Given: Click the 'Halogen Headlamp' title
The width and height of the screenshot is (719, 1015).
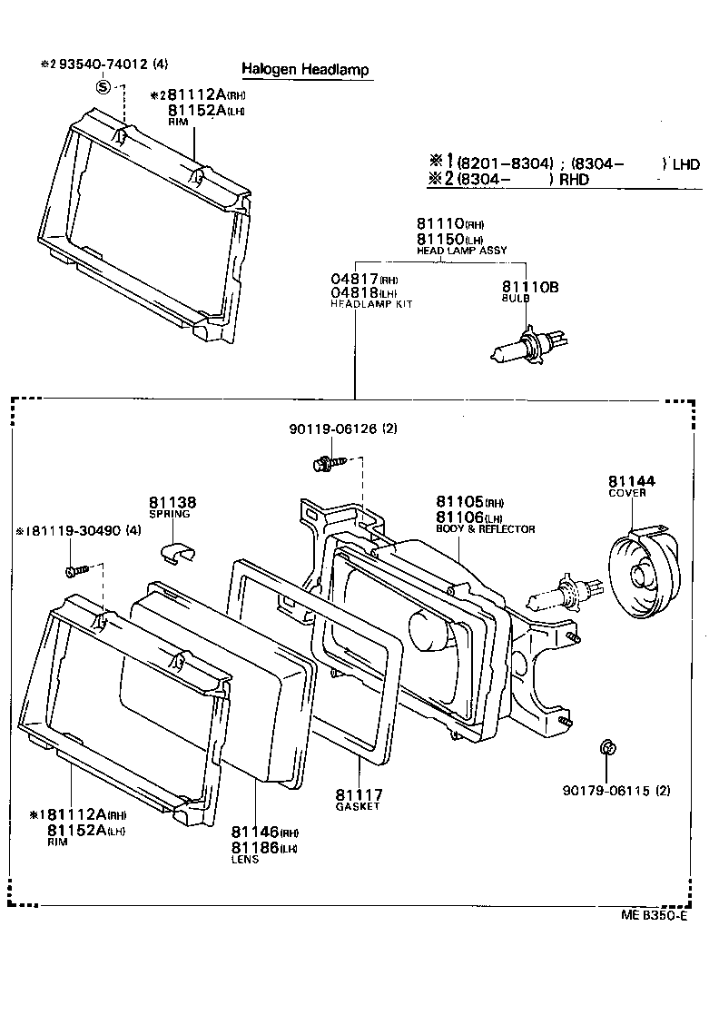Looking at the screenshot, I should click(305, 70).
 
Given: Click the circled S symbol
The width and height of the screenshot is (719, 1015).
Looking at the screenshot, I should click(103, 87).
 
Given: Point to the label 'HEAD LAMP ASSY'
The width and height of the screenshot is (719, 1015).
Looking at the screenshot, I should click(461, 250).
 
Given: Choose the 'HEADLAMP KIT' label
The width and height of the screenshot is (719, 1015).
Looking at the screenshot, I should click(370, 304).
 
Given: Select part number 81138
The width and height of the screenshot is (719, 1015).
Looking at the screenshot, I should click(172, 502).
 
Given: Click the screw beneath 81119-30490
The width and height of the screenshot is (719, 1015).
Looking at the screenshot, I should click(75, 572).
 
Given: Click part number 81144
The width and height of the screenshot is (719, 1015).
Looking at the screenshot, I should click(632, 481).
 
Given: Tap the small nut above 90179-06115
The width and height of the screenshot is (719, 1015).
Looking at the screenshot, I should click(606, 749).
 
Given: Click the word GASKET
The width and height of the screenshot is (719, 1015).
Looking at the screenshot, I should click(357, 806).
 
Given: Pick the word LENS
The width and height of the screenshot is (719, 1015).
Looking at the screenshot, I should click(244, 859).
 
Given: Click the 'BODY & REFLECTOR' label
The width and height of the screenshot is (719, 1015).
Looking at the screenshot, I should click(485, 528).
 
